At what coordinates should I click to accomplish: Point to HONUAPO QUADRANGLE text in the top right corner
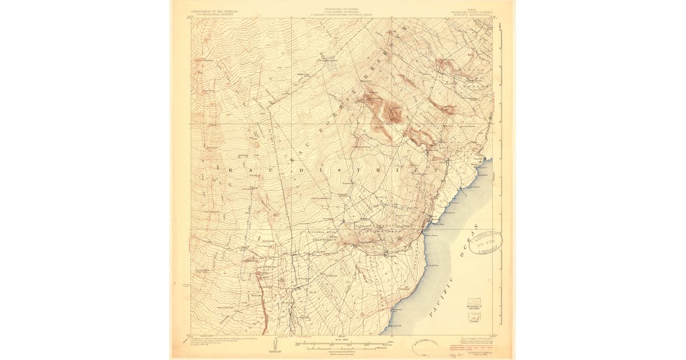point(471,14)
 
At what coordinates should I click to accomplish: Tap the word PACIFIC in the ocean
point(440,295)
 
